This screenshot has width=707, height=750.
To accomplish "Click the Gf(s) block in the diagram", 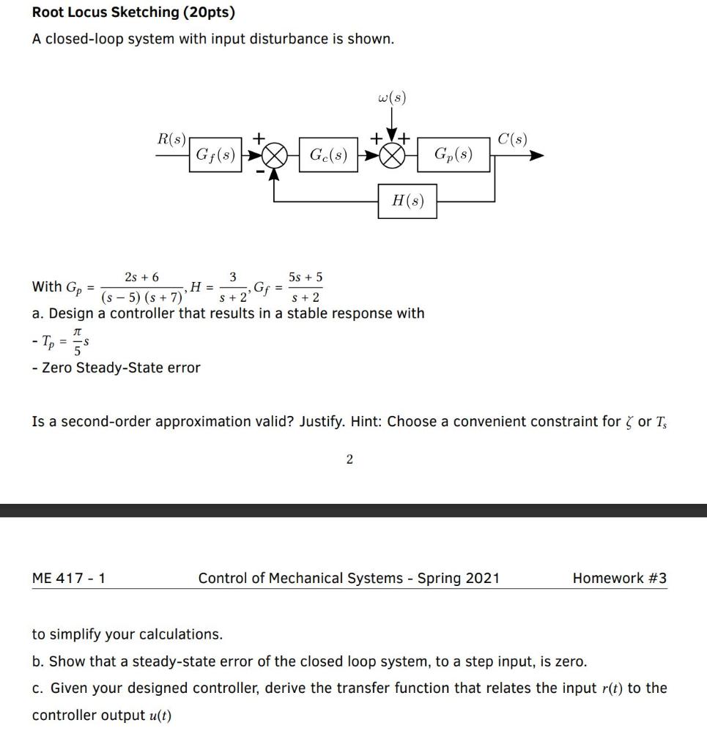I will click(x=214, y=155).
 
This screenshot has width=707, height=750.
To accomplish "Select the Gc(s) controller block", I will click(x=328, y=155).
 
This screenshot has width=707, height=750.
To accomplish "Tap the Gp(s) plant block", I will click(x=453, y=155).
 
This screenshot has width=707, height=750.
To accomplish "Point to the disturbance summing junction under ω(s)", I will click(x=392, y=156).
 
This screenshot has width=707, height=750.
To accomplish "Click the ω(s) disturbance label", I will click(x=392, y=97).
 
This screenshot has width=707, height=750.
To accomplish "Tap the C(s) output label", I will click(x=511, y=138).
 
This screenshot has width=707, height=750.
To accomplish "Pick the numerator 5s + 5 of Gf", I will click(x=306, y=277).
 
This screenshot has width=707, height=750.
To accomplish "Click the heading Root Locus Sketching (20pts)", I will click(x=133, y=12).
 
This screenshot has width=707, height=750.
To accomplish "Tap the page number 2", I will click(x=349, y=459).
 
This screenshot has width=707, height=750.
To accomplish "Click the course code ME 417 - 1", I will click(x=69, y=578).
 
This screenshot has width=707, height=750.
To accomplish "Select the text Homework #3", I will click(x=619, y=578).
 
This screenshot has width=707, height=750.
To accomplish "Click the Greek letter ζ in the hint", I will click(x=629, y=422).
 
